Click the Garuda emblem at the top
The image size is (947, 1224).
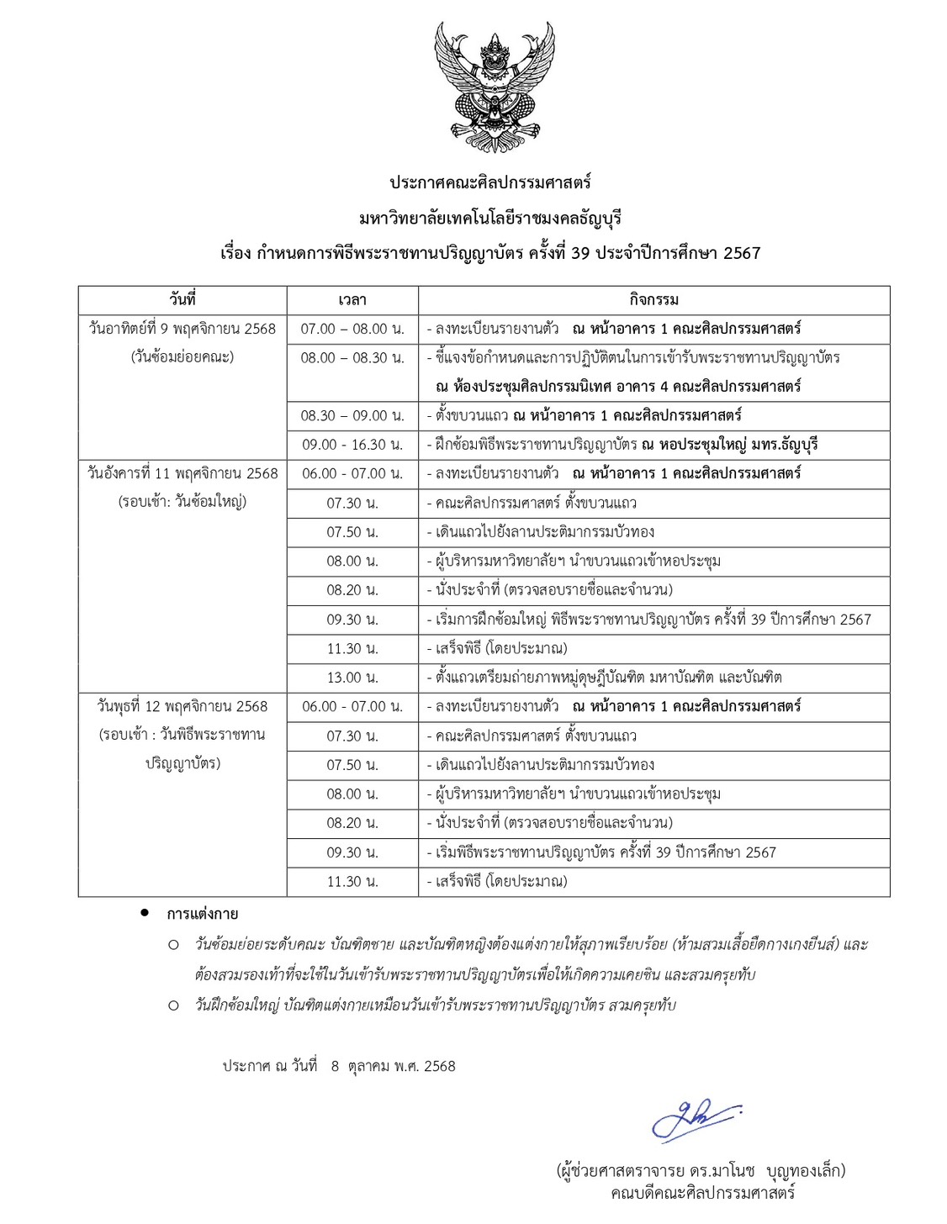pos(495,87)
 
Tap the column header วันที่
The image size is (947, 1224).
pos(182,299)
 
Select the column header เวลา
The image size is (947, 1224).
pos(352,300)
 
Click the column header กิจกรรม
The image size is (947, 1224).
pos(653,300)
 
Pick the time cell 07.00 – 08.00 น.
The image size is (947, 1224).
pos(352,329)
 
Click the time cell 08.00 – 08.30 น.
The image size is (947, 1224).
pos(352,358)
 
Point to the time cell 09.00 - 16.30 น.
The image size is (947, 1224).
pos(352,445)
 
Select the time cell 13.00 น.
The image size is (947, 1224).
pos(352,678)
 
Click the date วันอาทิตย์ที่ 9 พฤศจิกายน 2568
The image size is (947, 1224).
pos(182,329)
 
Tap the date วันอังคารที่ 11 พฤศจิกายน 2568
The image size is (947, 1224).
pos(182,474)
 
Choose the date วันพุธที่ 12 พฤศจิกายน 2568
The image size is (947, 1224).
pos(182,707)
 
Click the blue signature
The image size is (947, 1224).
pos(696,1120)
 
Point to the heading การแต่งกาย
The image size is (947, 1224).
pos(202,914)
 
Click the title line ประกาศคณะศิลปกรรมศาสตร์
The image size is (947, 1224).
pos(490,182)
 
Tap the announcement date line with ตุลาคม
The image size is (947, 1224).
pos(339,1066)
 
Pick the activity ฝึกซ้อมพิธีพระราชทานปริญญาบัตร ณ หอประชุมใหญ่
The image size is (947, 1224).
pos(622,445)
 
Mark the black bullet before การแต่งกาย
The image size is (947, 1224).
pos(145,913)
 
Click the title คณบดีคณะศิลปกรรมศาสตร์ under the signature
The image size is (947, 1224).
pos(702,1193)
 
